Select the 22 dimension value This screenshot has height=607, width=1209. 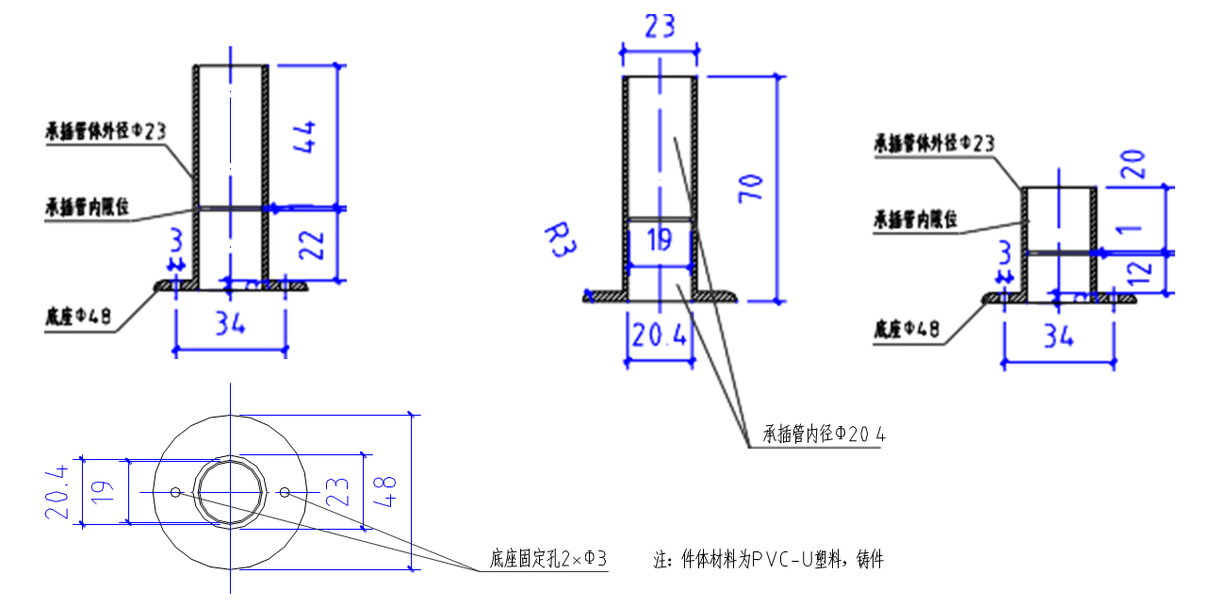pos(316,245)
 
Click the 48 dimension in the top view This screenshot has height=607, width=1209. pos(387,491)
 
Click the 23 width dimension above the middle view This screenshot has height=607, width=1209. pos(659,25)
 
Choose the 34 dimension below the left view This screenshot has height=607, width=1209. pos(229,325)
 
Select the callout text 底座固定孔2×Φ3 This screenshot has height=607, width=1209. pos(547,560)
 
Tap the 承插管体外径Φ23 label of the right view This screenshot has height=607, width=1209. pos(935,143)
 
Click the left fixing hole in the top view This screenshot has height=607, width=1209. pos(175,491)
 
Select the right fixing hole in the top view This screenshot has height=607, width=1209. pos(285,491)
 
